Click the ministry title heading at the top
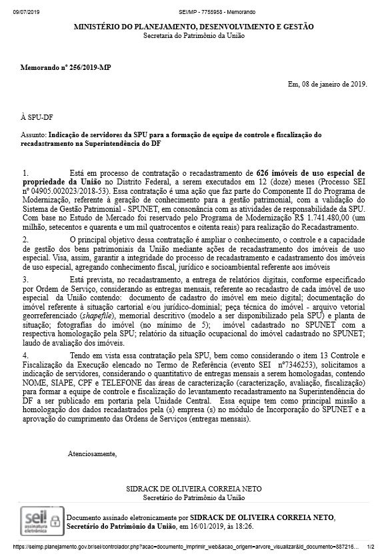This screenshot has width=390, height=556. (194, 26)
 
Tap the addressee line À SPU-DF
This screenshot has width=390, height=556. (34, 115)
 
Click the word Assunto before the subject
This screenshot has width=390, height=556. (35, 135)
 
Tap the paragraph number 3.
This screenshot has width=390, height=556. (26, 280)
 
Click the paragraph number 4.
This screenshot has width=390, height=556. (26, 356)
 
